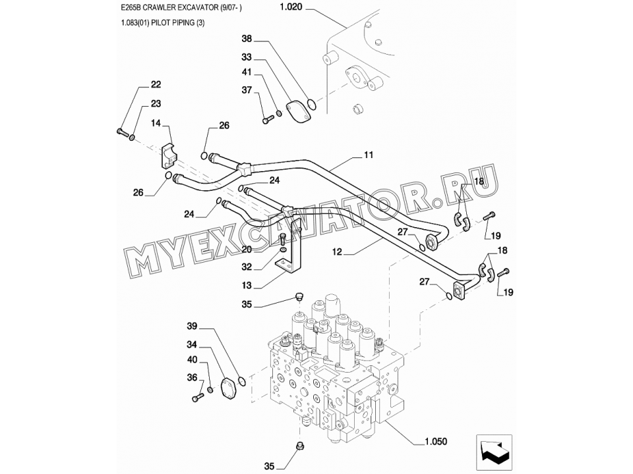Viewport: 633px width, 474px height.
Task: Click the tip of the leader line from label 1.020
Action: [x=346, y=28]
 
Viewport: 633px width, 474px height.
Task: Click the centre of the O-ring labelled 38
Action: [x=311, y=105]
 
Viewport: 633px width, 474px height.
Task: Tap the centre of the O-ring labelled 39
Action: [x=241, y=381]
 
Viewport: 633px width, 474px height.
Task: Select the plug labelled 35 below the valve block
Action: [x=300, y=446]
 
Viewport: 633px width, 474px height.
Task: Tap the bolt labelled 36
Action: [x=198, y=398]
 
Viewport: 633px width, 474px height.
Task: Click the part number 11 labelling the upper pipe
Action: [x=369, y=155]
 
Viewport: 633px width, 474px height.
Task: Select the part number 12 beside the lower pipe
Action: [x=337, y=252]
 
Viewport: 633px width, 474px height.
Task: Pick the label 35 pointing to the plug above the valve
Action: [x=247, y=304]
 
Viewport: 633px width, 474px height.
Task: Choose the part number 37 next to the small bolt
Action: [x=247, y=90]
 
